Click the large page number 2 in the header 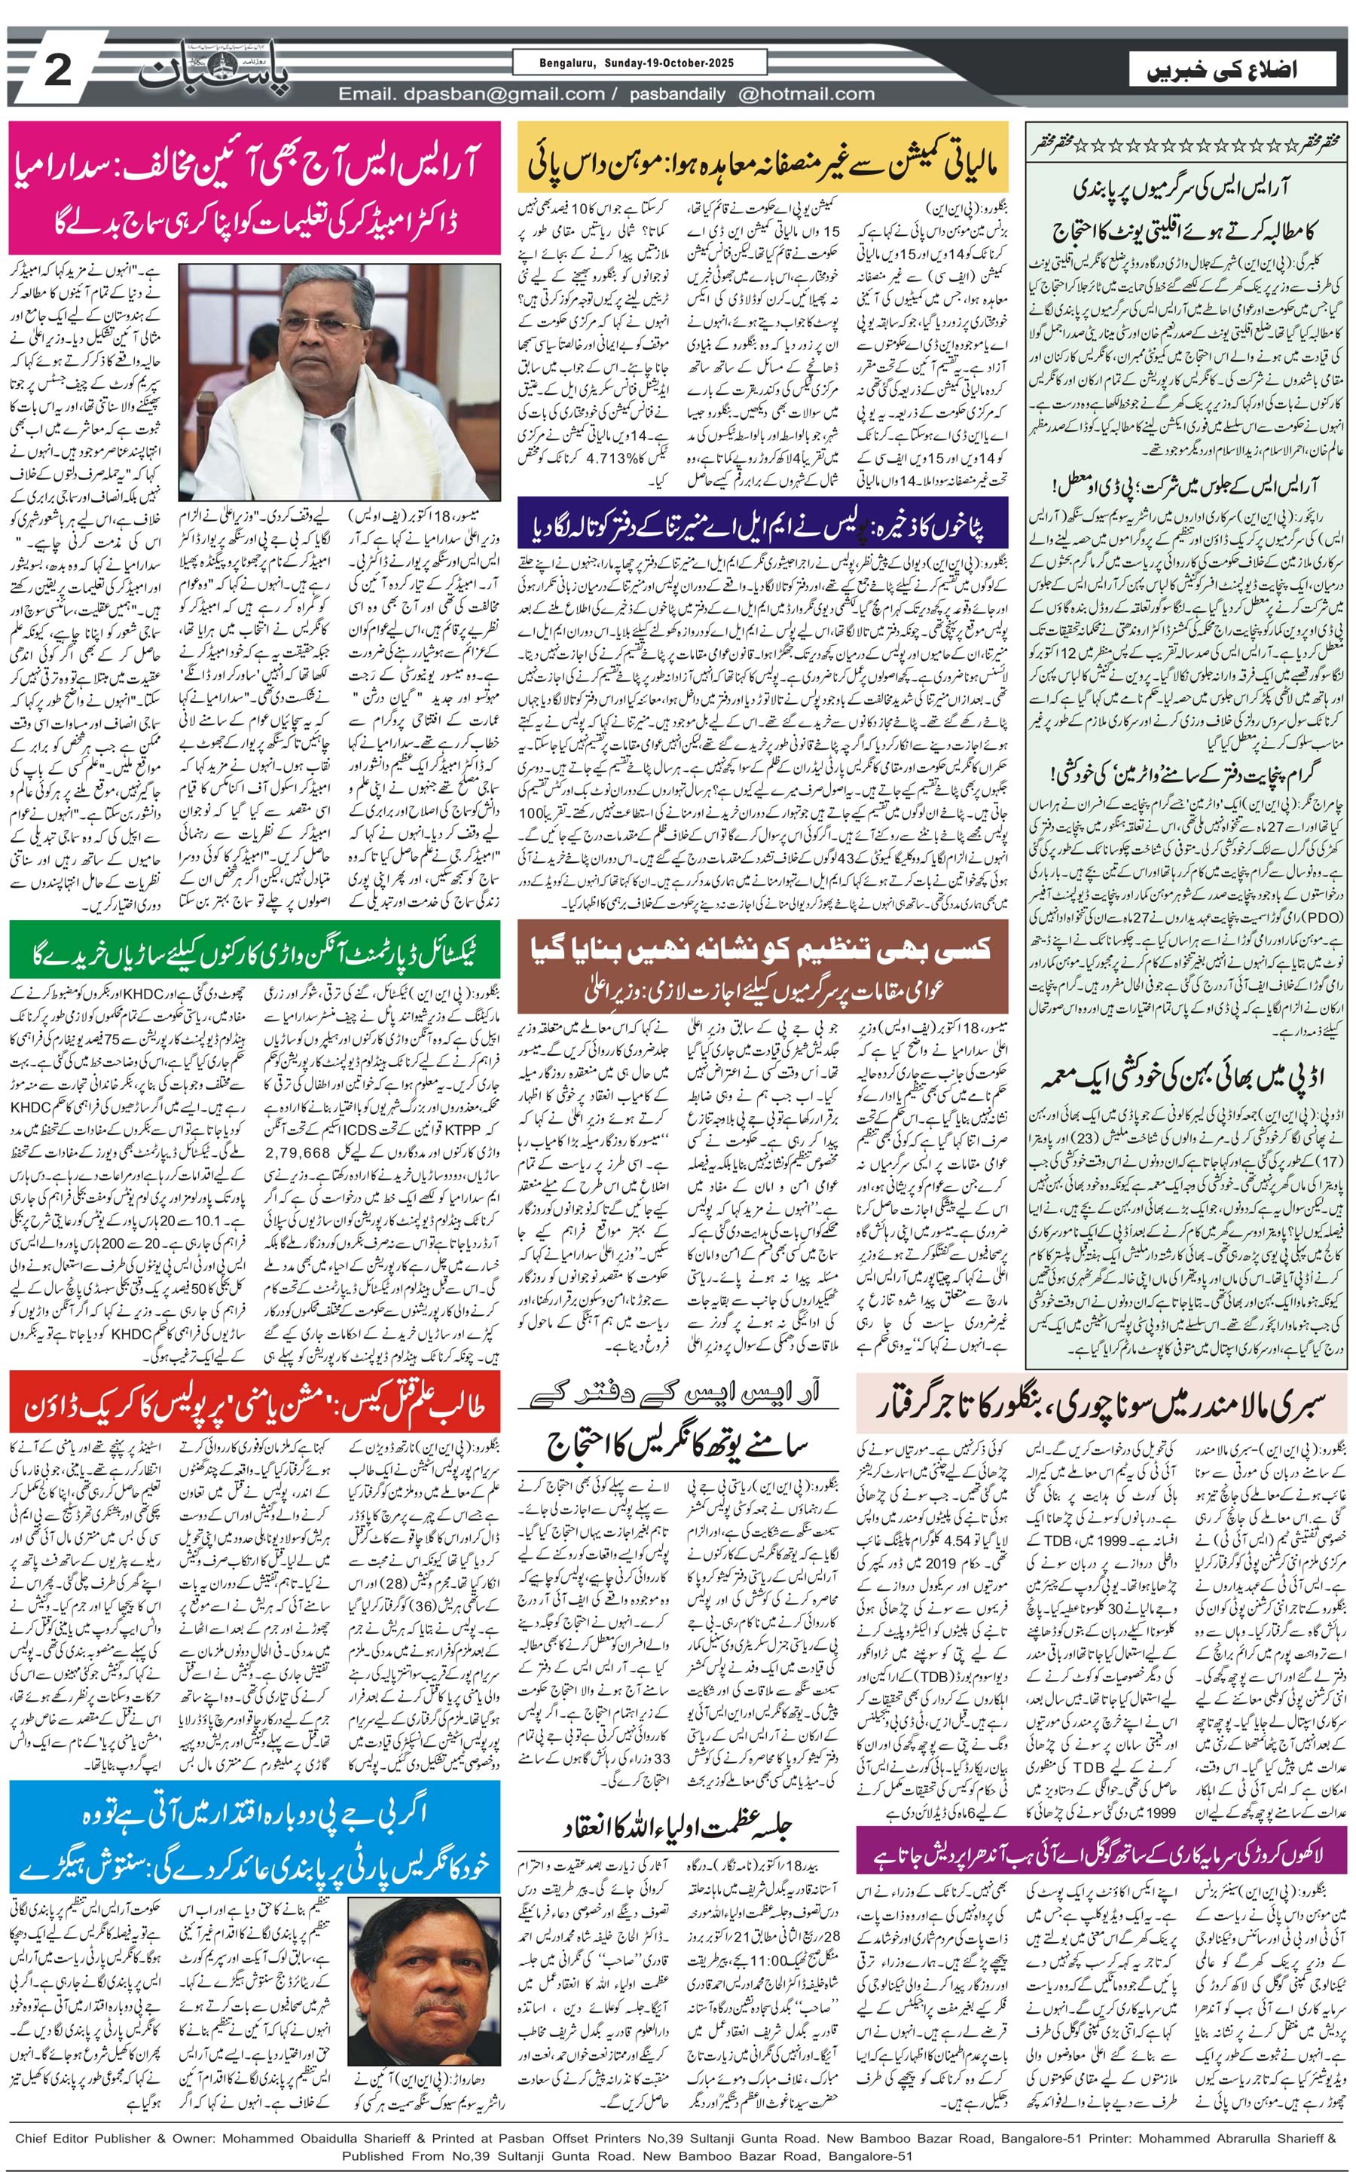[56, 70]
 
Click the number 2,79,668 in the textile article [297, 1151]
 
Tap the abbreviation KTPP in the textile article [461, 1130]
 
